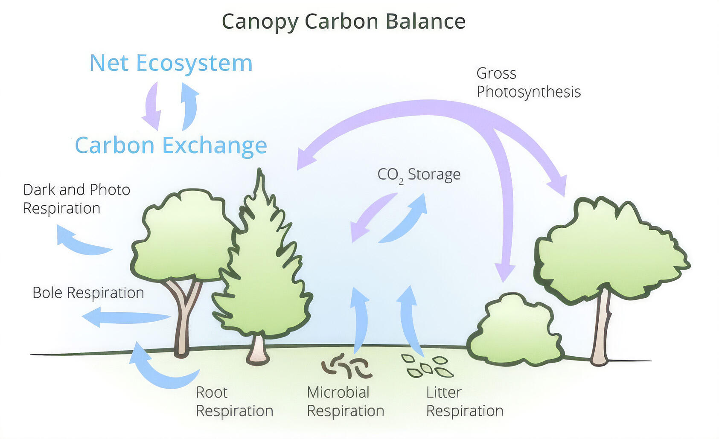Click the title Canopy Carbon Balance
[x=343, y=21]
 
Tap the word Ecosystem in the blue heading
[x=194, y=64]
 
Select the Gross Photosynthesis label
[x=528, y=83]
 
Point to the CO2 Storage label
[x=419, y=174]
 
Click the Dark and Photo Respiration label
[x=76, y=199]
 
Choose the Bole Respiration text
[x=88, y=293]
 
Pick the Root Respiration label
[x=234, y=401]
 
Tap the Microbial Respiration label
[x=345, y=401]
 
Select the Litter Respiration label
[x=464, y=401]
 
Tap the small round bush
[x=515, y=331]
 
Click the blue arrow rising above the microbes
[x=360, y=320]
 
